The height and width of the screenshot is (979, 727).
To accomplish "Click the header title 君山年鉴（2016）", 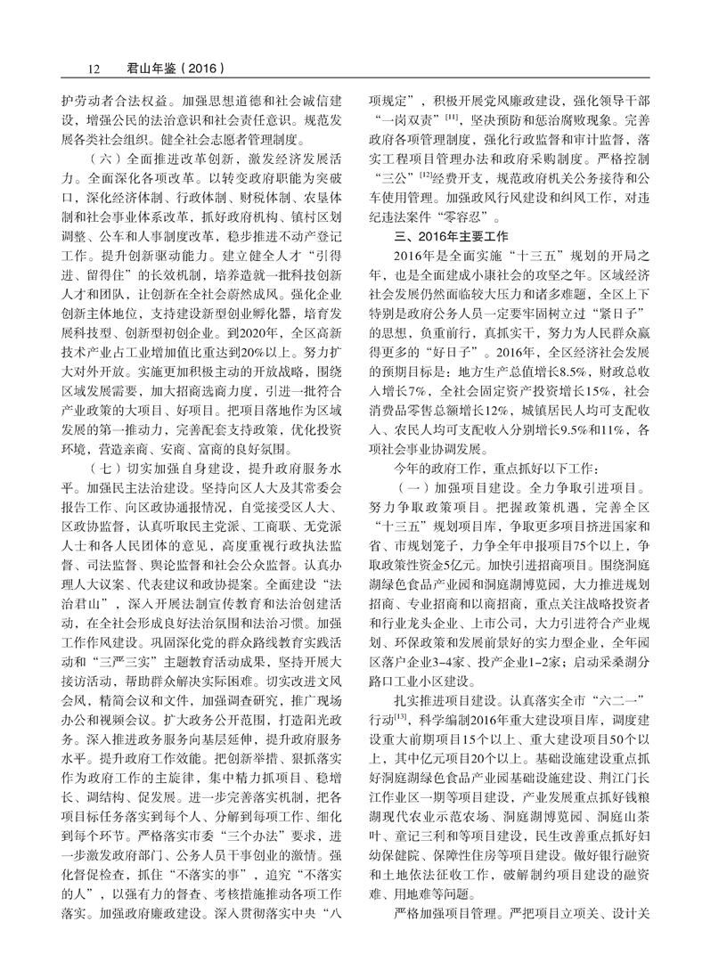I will point(167,67).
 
